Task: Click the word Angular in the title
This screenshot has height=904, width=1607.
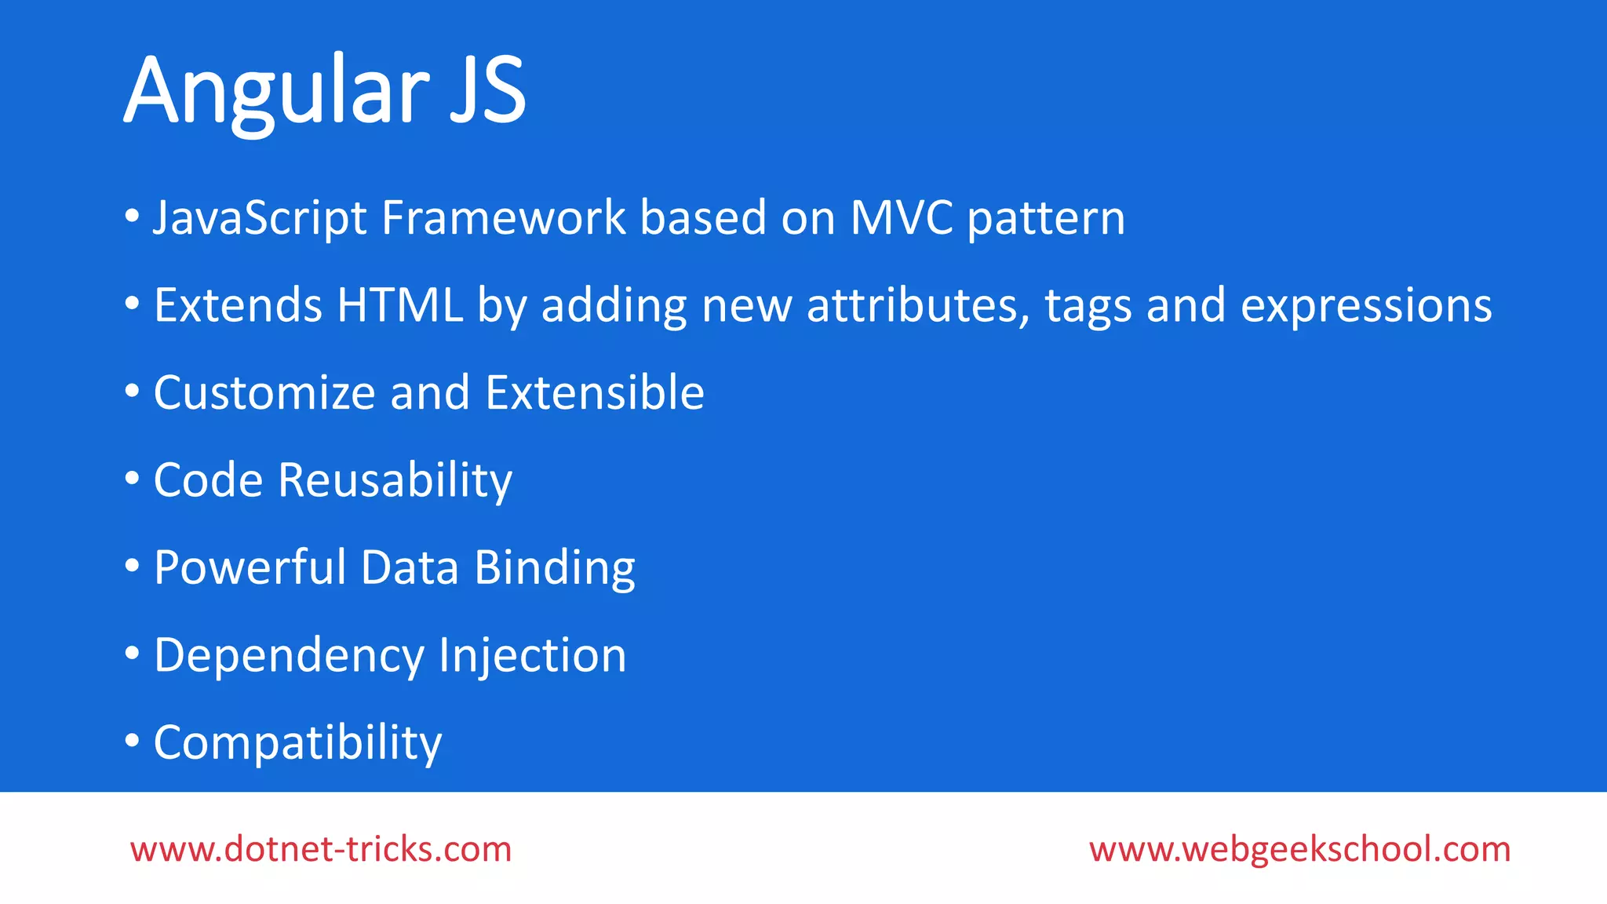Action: coord(276,90)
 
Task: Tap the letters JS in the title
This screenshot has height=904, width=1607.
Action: coord(487,90)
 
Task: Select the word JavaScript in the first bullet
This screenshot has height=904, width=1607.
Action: coord(260,217)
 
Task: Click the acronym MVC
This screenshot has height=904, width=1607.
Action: coord(902,217)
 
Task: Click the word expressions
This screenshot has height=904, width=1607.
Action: coord(1366,306)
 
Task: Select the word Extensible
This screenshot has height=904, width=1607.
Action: coord(595,392)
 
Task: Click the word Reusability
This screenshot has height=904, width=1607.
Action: coord(395,480)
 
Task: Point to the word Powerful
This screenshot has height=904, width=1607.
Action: coord(250,567)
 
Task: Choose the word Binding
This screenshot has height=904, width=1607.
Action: coord(555,569)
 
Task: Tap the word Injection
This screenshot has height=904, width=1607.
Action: coord(533,656)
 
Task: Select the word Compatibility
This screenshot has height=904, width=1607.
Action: coord(297,743)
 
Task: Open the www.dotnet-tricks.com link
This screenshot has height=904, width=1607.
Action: coord(321,849)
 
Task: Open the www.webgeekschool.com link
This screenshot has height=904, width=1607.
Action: coord(1299,849)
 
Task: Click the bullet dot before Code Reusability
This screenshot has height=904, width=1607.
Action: coord(132,478)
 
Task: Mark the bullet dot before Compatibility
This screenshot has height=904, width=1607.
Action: coord(132,740)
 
